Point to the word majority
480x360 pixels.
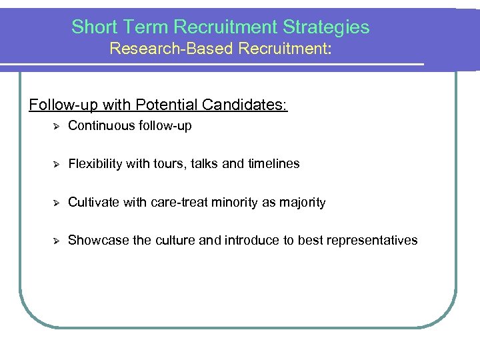(301, 202)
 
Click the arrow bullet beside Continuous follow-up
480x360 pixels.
(57, 125)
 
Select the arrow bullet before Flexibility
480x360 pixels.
(57, 163)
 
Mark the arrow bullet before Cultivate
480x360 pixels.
(57, 202)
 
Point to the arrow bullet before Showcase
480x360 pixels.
(57, 240)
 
